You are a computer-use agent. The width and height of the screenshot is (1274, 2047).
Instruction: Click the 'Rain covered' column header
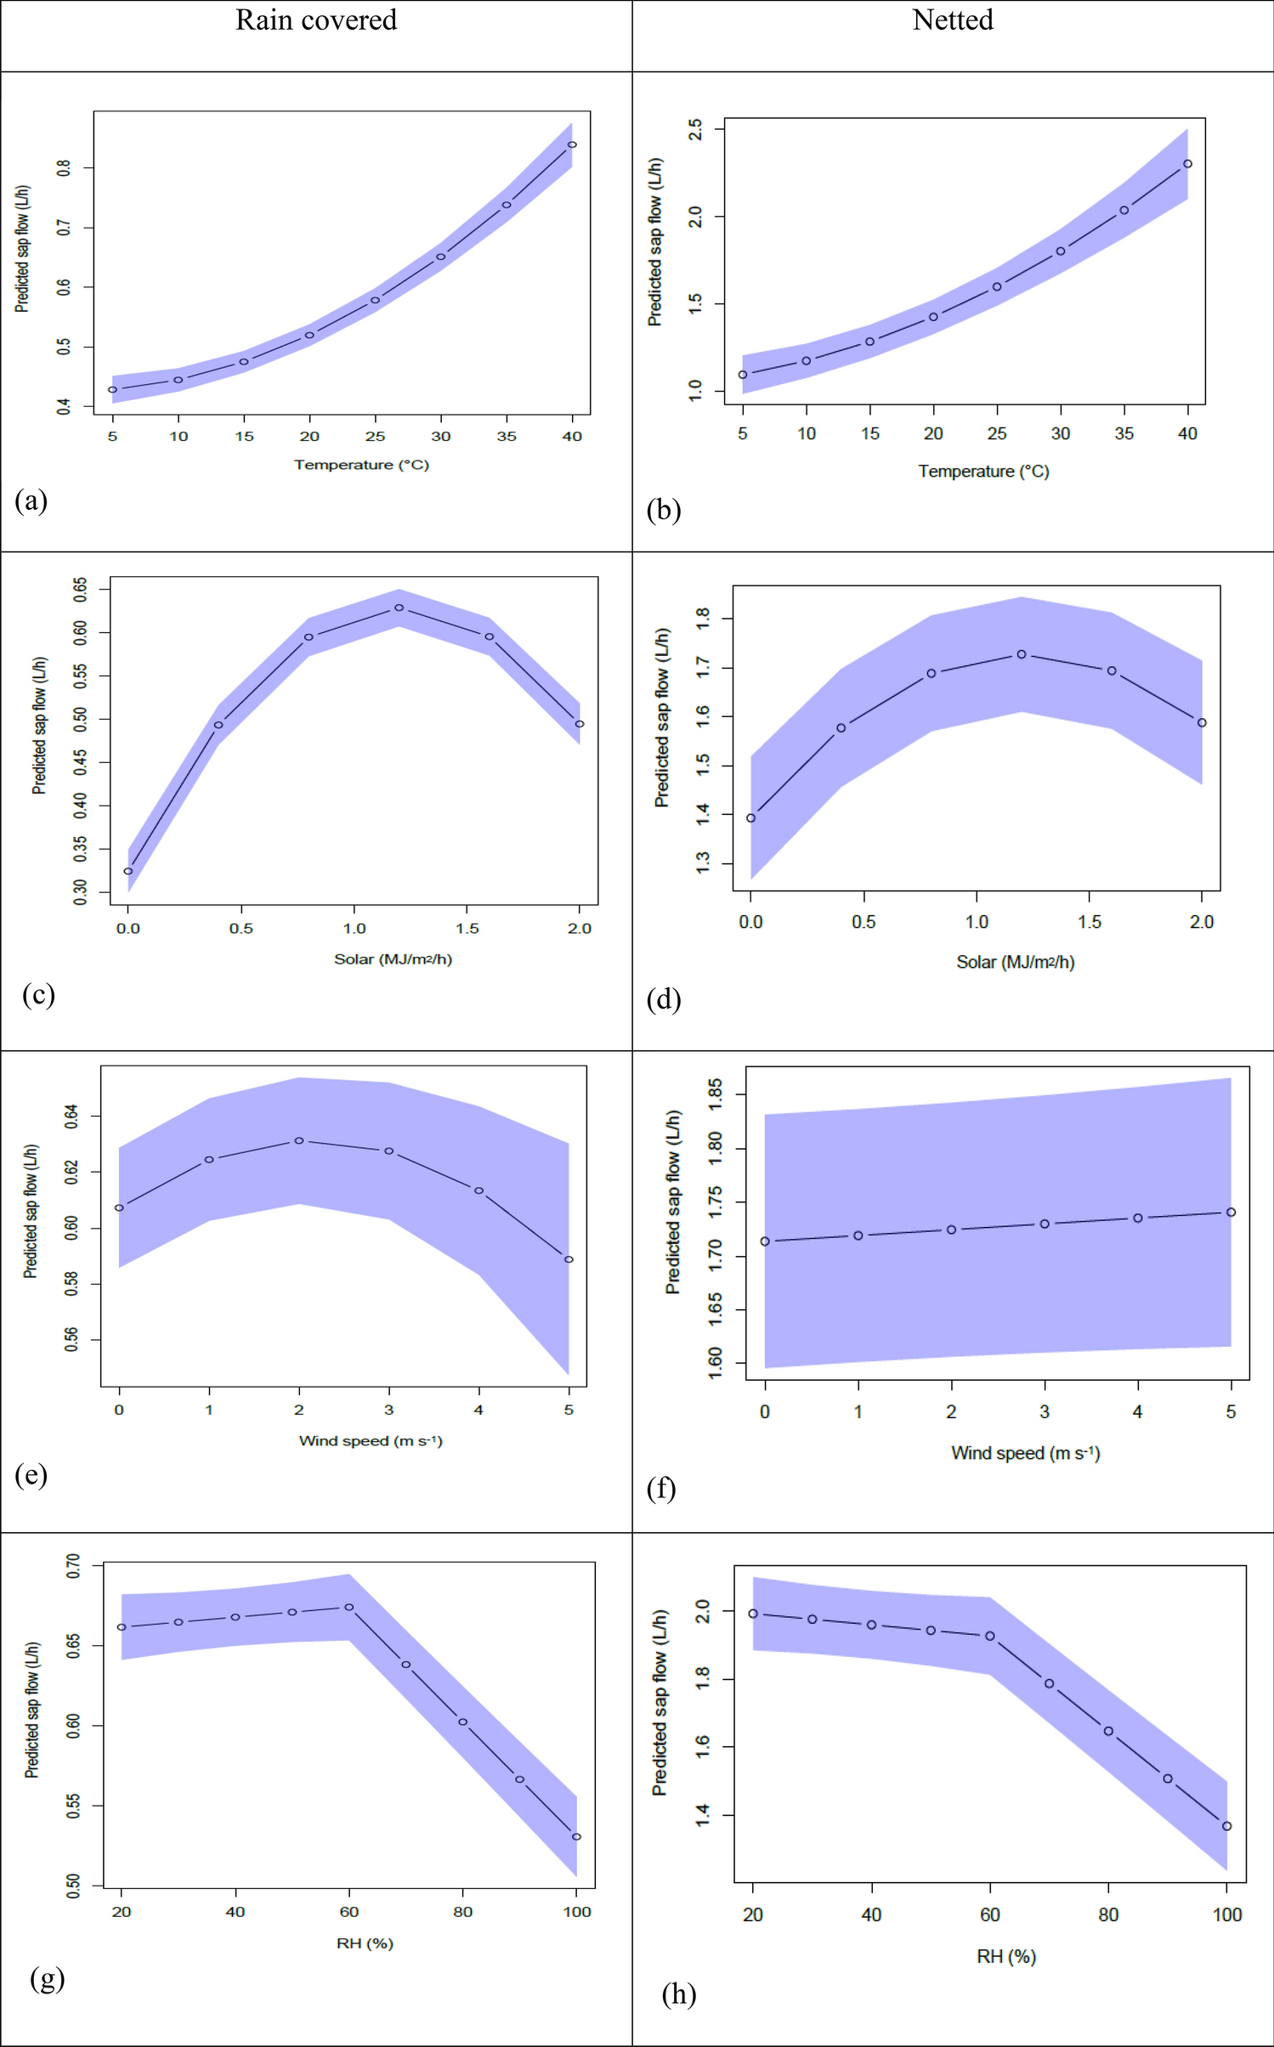click(x=316, y=20)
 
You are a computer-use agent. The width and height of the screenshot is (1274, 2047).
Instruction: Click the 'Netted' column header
click(x=952, y=20)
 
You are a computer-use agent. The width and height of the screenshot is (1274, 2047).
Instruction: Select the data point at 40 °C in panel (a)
click(x=572, y=144)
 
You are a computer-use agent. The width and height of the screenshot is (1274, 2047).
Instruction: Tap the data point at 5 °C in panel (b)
click(x=743, y=375)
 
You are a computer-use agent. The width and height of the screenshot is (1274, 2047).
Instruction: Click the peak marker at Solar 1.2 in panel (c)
click(x=399, y=608)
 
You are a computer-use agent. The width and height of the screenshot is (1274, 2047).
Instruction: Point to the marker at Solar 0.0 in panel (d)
click(x=750, y=818)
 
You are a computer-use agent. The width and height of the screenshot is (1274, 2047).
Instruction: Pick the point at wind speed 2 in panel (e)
click(x=299, y=1140)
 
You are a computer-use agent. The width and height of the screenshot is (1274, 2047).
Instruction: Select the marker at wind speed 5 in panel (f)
click(x=1231, y=1213)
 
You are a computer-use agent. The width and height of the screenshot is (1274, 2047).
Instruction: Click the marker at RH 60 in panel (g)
click(x=349, y=1608)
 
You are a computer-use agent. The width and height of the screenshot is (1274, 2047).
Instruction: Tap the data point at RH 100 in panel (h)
click(x=1226, y=1826)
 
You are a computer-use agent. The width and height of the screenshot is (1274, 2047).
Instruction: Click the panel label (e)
click(x=31, y=1474)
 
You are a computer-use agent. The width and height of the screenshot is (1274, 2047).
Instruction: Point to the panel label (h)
click(x=679, y=1993)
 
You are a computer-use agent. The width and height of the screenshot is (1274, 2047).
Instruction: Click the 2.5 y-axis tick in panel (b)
click(x=695, y=129)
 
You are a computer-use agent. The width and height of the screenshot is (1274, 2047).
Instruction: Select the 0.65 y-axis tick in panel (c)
click(x=80, y=589)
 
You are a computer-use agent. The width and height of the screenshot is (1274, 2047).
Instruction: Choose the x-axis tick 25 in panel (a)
click(x=375, y=436)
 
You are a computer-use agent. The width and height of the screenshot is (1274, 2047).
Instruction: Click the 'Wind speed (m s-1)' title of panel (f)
click(x=1025, y=1453)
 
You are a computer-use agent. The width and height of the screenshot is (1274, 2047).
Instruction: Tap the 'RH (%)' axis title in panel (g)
click(x=365, y=1943)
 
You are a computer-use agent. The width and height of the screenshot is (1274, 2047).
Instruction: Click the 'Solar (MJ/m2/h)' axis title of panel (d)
click(x=1015, y=962)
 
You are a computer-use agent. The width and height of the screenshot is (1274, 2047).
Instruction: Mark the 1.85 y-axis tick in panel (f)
click(x=715, y=1094)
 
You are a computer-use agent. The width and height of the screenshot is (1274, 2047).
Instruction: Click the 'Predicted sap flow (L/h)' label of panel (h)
click(x=660, y=1702)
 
